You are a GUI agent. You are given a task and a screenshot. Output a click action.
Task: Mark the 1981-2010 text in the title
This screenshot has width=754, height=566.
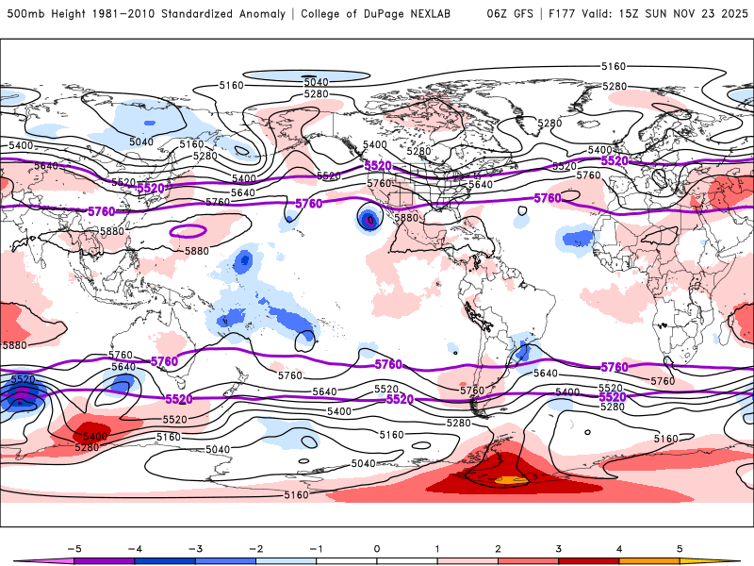point(125,14)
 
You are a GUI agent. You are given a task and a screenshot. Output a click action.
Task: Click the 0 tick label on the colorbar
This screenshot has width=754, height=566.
point(377,547)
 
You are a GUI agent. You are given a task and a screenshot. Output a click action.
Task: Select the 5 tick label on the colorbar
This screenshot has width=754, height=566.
point(680,547)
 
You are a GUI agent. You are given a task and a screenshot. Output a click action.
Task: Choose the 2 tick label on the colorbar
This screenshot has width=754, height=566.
point(498,547)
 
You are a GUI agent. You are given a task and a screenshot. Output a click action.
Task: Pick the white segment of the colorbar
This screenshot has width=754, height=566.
point(377,560)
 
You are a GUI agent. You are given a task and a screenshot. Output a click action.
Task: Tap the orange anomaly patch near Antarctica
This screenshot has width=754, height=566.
point(510,481)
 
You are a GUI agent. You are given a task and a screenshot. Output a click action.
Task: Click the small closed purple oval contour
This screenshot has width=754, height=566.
point(188,230)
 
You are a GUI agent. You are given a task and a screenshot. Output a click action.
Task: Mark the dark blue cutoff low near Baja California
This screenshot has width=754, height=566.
point(369,219)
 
